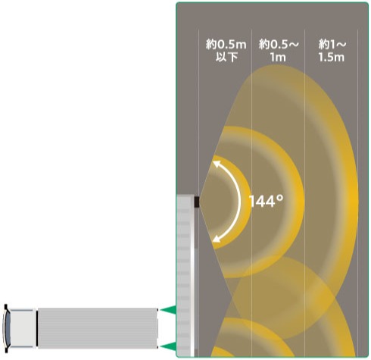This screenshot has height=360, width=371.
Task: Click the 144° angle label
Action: click(x=267, y=202)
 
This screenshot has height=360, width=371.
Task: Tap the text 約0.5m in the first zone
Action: click(x=226, y=45)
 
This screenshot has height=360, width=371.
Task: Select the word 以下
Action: click(x=226, y=58)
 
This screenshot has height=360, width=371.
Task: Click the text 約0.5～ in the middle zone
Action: click(x=279, y=45)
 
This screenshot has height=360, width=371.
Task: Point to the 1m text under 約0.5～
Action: click(x=278, y=58)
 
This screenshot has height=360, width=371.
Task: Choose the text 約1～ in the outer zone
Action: click(x=332, y=45)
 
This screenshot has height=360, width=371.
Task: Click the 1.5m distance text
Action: click(x=331, y=58)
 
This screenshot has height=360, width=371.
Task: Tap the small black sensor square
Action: click(x=197, y=202)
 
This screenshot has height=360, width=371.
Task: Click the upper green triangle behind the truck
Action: click(x=168, y=309)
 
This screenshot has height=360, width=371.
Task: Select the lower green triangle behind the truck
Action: click(x=168, y=346)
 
